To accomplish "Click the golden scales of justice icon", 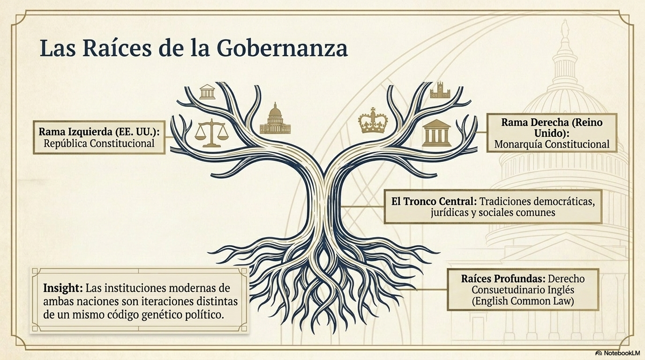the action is tap(211, 133).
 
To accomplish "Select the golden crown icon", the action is tap(373, 120).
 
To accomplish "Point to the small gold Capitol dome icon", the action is tap(275, 119).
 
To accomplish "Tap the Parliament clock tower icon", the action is tap(440, 90).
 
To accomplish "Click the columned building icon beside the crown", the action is tap(436, 133).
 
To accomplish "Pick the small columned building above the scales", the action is tap(207, 92).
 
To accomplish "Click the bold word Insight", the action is tap(63, 288).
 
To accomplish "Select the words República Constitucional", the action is tap(99, 143).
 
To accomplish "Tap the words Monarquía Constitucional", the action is tap(552, 144).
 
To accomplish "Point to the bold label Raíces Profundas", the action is tap(503, 278).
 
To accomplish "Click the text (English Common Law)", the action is tap(523, 301).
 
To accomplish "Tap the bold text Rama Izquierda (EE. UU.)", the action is tap(99, 132).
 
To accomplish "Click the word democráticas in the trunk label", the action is tap(564, 201).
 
